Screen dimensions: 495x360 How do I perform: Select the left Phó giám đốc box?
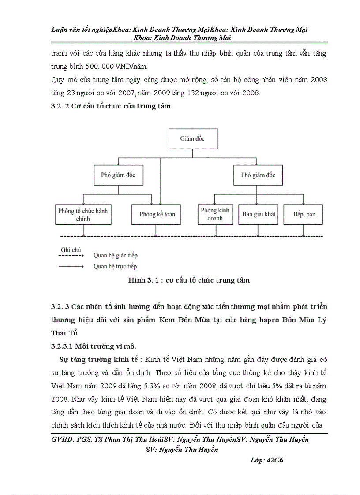(118, 175)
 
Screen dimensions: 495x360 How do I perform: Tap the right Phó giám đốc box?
(258, 175)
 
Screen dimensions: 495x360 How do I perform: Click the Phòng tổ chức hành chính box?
(82, 215)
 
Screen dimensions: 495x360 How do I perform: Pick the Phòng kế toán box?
(157, 214)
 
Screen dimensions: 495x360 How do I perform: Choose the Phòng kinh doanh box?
(215, 214)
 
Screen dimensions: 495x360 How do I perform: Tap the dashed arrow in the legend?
(71, 255)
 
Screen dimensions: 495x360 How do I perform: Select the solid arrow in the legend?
(71, 266)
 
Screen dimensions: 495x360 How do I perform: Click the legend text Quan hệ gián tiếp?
(115, 255)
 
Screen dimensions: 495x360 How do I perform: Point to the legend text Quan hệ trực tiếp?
(115, 266)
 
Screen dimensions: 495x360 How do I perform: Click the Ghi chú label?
(71, 249)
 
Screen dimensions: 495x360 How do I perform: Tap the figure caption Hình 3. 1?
(188, 280)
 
